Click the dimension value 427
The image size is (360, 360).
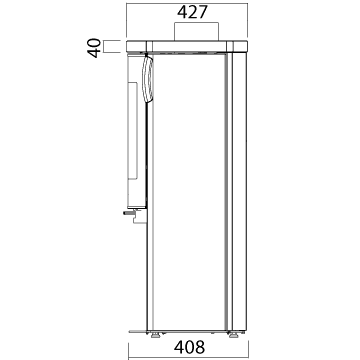click(x=192, y=13)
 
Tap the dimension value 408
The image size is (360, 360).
click(x=189, y=347)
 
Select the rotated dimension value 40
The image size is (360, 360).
click(x=95, y=48)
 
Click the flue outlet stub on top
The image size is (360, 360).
click(x=197, y=31)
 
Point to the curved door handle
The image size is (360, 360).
click(x=147, y=79)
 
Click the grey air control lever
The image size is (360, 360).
click(x=128, y=213)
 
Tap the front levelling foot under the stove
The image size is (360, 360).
click(x=155, y=335)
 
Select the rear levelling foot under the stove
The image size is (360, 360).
click(x=234, y=335)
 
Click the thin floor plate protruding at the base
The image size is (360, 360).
click(x=137, y=331)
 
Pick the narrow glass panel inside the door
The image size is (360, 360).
click(x=133, y=131)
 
